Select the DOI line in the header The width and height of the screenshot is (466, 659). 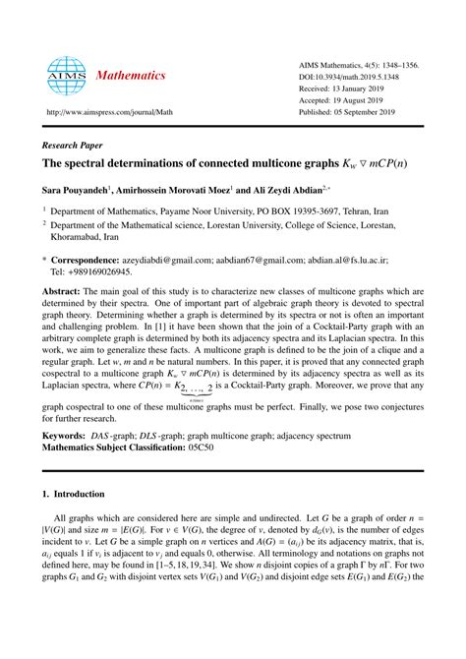[x=351, y=76]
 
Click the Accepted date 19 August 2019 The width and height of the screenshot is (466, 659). [x=346, y=99]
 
